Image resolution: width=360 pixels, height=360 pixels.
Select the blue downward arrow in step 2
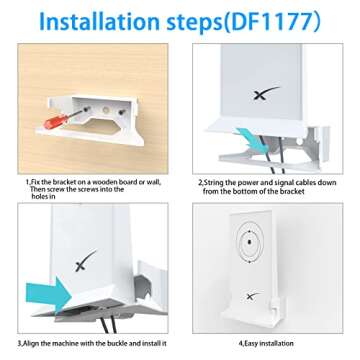243,137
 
